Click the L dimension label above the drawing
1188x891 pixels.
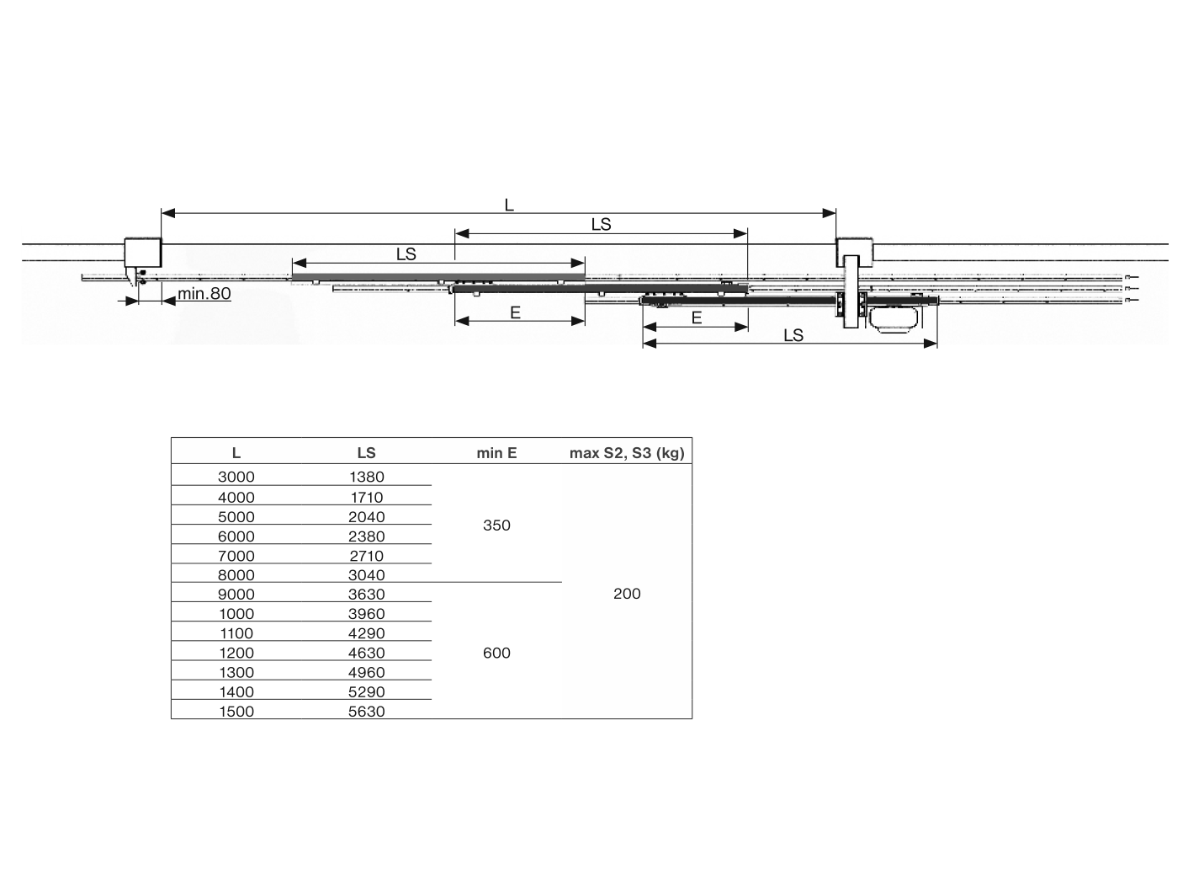coord(509,205)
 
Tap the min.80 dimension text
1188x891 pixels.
coord(204,294)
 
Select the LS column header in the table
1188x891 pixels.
coord(366,453)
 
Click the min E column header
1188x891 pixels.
coord(496,453)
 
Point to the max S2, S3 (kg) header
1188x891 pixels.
coord(627,453)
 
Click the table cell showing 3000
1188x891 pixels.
coord(236,477)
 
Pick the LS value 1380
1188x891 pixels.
coord(366,477)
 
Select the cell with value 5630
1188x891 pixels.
coord(366,712)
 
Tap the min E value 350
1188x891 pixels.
coord(496,526)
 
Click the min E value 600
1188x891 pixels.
coord(496,653)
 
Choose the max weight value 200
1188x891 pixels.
coord(627,594)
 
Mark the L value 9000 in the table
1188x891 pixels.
coord(236,595)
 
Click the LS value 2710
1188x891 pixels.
coord(366,556)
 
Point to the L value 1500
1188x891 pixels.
coord(236,712)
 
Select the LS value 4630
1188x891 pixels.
coord(366,653)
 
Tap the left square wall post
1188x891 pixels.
coord(142,252)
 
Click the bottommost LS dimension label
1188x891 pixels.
coord(793,335)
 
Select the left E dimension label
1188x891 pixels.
coord(515,313)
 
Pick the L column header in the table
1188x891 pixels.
coord(236,453)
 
